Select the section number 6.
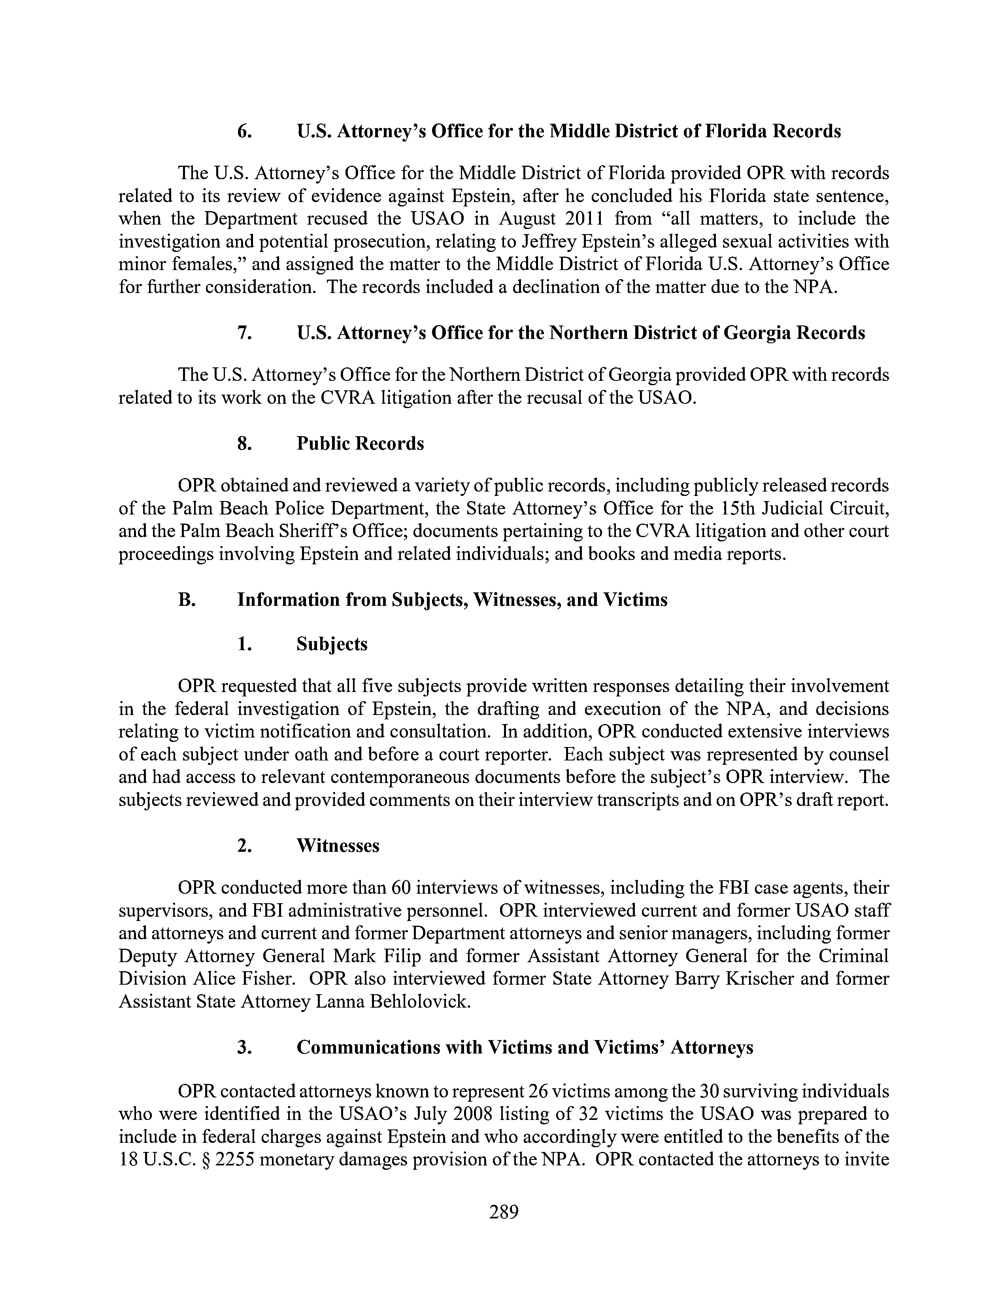coord(243,131)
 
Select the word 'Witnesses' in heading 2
coord(338,845)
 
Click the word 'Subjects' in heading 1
coord(332,644)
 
